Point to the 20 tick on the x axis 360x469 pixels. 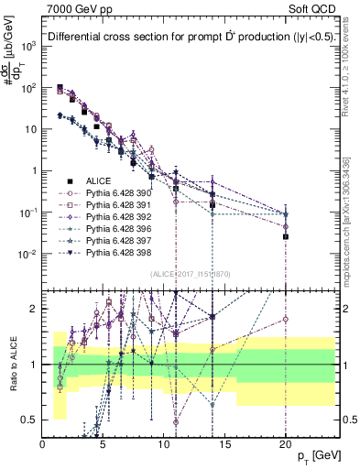click(286, 444)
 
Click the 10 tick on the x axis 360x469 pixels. click(164, 444)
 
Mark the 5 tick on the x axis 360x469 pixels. click(104, 444)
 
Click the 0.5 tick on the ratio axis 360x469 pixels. click(32, 420)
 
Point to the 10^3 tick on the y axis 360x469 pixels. click(29, 46)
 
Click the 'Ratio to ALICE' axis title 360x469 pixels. click(11, 365)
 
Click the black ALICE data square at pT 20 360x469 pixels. click(286, 236)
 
